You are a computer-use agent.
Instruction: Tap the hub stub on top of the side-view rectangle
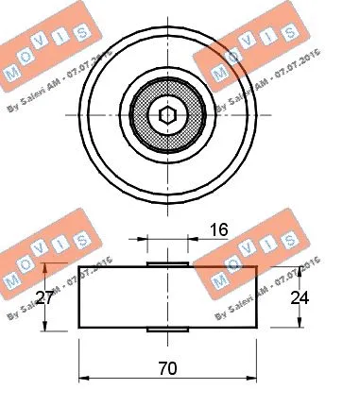[167, 263]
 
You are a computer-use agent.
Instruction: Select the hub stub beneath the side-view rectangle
[167, 329]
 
